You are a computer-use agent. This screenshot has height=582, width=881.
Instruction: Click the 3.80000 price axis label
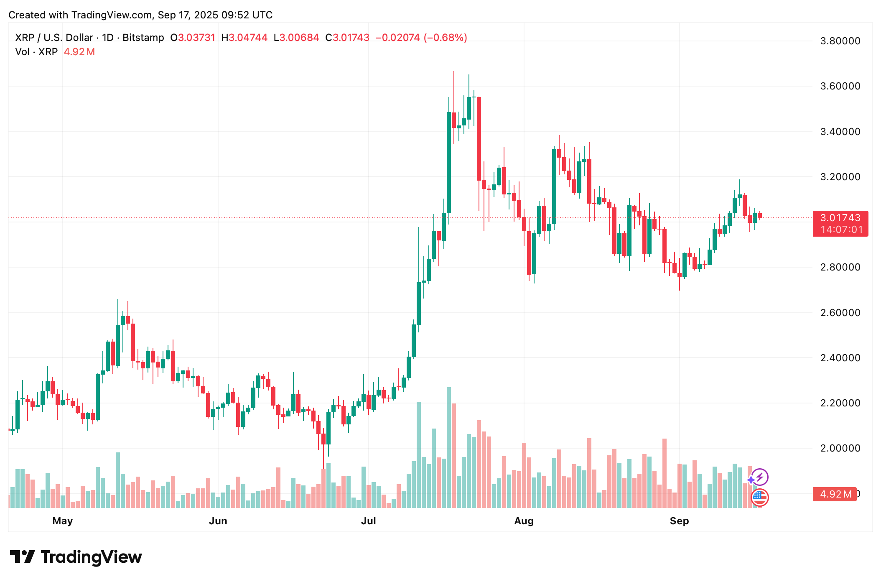point(840,41)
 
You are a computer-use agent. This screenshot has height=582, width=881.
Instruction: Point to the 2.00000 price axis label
point(840,448)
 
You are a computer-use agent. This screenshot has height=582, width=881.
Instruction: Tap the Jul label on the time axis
point(369,521)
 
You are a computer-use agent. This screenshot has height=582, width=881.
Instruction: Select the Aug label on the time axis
point(524,521)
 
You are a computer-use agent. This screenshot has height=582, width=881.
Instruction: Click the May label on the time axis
point(63,521)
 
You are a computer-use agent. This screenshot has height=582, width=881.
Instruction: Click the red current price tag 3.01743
point(840,218)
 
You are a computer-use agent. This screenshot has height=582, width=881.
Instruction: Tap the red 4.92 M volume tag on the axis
point(835,494)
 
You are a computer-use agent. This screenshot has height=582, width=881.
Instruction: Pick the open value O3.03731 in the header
point(193,38)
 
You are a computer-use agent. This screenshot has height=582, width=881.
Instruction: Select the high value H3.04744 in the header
point(244,38)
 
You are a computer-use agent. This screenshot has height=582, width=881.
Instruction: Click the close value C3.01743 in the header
point(347,38)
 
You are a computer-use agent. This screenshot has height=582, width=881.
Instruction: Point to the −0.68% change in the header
point(446,38)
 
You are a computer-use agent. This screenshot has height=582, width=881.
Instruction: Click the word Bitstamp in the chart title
point(143,38)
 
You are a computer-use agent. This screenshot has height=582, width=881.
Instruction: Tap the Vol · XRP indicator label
point(36,52)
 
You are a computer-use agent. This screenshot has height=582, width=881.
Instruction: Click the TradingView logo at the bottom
point(76,557)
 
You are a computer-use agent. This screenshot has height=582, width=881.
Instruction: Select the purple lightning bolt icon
point(760,477)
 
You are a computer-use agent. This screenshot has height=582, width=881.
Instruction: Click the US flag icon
point(759,497)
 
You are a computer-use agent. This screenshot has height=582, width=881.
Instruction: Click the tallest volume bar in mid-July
point(449,447)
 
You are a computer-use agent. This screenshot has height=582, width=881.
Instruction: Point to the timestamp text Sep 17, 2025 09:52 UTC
point(215,15)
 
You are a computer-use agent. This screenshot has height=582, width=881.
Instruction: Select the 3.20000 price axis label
point(840,177)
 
